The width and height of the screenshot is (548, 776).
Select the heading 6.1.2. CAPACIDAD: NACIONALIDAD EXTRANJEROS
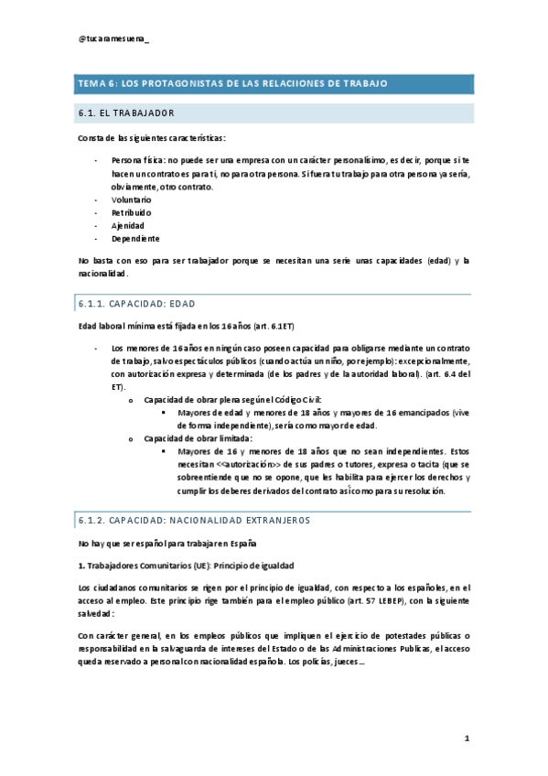[195, 520]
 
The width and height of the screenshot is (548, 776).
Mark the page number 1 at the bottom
[466, 738]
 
